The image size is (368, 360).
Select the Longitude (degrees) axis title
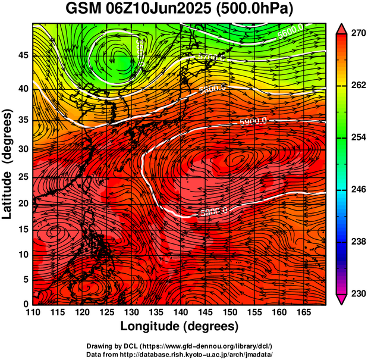(x=180, y=326)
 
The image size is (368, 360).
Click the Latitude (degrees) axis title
(x=8, y=164)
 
